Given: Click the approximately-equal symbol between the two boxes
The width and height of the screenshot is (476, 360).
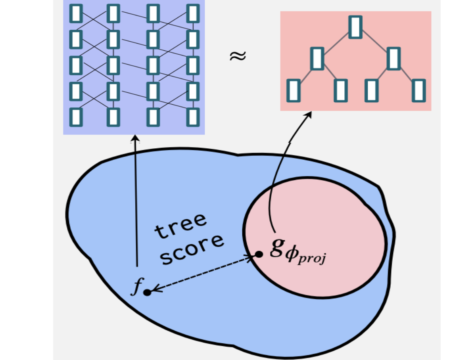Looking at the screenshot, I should pyautogui.click(x=238, y=57).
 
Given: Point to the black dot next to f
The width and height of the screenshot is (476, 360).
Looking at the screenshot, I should pyautogui.click(x=147, y=293).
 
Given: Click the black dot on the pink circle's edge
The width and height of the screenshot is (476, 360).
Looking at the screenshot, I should pyautogui.click(x=258, y=254).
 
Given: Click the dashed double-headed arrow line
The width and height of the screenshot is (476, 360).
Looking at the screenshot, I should pyautogui.click(x=202, y=274).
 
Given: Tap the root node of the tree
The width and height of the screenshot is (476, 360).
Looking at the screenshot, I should pyautogui.click(x=355, y=27).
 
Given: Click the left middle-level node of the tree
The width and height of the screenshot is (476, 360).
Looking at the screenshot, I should pyautogui.click(x=317, y=58).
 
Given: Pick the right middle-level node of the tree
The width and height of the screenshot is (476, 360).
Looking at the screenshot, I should pyautogui.click(x=393, y=58).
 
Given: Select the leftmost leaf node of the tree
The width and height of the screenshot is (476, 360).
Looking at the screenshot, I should pyautogui.click(x=294, y=90).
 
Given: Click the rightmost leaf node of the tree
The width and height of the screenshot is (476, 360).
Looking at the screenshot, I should pyautogui.click(x=418, y=90).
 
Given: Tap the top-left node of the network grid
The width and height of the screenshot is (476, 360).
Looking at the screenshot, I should pyautogui.click(x=76, y=13).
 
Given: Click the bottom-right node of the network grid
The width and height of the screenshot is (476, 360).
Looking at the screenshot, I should pyautogui.click(x=193, y=117).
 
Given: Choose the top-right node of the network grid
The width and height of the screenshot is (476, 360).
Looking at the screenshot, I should pyautogui.click(x=193, y=13).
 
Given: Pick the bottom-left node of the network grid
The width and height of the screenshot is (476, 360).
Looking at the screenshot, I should pyautogui.click(x=76, y=117).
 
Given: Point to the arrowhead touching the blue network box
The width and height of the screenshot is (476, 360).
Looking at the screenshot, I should pyautogui.click(x=135, y=138).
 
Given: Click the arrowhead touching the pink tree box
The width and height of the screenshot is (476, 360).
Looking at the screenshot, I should pyautogui.click(x=309, y=114).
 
